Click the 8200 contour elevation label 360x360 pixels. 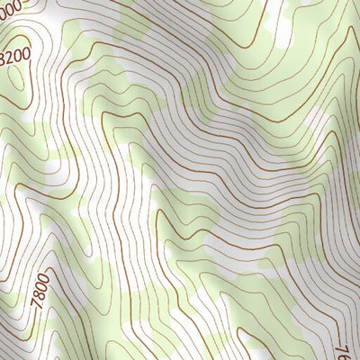pos(16,57)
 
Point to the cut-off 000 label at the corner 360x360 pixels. pos(10,5)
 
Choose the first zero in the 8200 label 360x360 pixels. pos(19,56)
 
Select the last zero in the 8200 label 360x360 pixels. pos(27,54)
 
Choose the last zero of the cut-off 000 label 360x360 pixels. pos(18,4)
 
